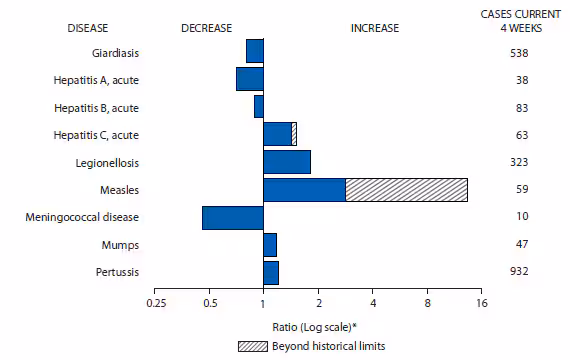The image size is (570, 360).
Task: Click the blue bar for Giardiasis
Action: click(x=254, y=50)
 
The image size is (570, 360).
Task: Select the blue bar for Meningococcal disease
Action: click(x=232, y=217)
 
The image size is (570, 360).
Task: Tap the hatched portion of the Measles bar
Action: click(x=406, y=190)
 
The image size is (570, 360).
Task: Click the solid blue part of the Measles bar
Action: click(x=304, y=190)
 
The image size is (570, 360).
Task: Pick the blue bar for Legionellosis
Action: click(x=286, y=162)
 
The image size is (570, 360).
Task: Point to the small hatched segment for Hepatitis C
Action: click(x=294, y=134)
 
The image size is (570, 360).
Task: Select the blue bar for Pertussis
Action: click(x=270, y=272)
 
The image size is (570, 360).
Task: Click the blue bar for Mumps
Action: click(x=269, y=244)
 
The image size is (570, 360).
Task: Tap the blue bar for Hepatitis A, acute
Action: click(x=249, y=78)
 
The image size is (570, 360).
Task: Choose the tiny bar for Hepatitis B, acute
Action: click(x=258, y=106)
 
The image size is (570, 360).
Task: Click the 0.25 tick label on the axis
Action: click(x=155, y=304)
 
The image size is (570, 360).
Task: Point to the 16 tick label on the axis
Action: click(x=481, y=304)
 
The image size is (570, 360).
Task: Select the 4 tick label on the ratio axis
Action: click(x=373, y=304)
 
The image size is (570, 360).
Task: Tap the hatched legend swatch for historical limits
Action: click(x=253, y=346)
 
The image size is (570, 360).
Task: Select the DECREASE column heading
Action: click(x=206, y=28)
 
